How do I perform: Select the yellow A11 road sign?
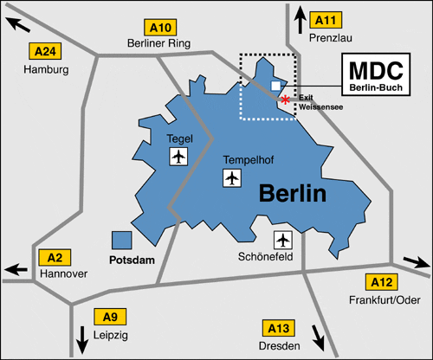click(326, 18)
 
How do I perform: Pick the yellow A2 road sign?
click(54, 257)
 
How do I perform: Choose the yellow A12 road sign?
click(382, 281)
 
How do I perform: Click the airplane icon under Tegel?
click(178, 157)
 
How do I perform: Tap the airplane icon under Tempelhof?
click(231, 178)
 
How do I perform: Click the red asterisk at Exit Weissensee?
click(286, 100)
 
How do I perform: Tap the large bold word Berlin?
click(293, 193)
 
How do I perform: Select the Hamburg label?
click(46, 69)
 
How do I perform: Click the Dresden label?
click(279, 345)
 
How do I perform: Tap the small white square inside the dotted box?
click(275, 86)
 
